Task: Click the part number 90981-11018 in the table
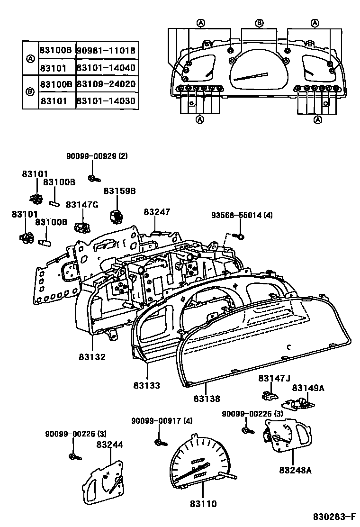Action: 106,50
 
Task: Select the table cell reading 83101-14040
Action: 106,67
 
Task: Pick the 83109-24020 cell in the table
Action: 106,84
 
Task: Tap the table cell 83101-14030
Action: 106,100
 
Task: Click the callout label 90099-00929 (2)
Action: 97,156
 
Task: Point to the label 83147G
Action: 82,204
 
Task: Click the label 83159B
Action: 120,191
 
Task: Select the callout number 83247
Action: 157,212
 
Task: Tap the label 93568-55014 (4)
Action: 242,216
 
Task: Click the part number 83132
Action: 92,357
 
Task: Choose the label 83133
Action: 146,385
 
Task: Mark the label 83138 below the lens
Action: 207,399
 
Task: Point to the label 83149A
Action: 308,388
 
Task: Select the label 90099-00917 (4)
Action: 162,420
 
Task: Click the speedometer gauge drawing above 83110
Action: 199,464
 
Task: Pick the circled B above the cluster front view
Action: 259,23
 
